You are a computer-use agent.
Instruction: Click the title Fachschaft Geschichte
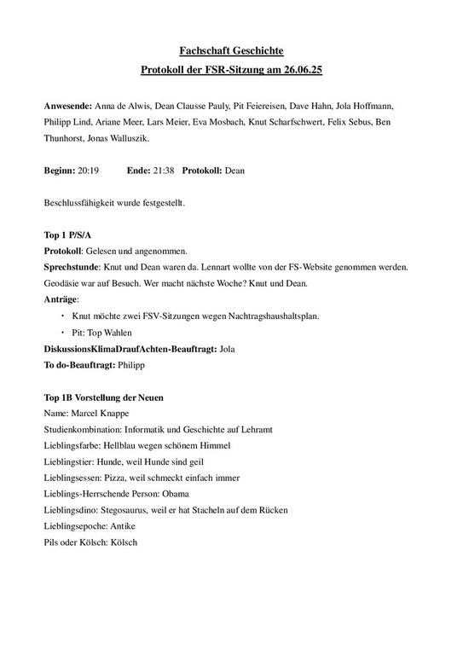[231, 53]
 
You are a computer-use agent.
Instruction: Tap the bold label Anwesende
[70, 107]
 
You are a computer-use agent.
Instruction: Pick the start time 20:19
[88, 171]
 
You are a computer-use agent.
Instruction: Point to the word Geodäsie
[63, 283]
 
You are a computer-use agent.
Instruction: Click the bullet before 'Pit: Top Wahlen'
[63, 333]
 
